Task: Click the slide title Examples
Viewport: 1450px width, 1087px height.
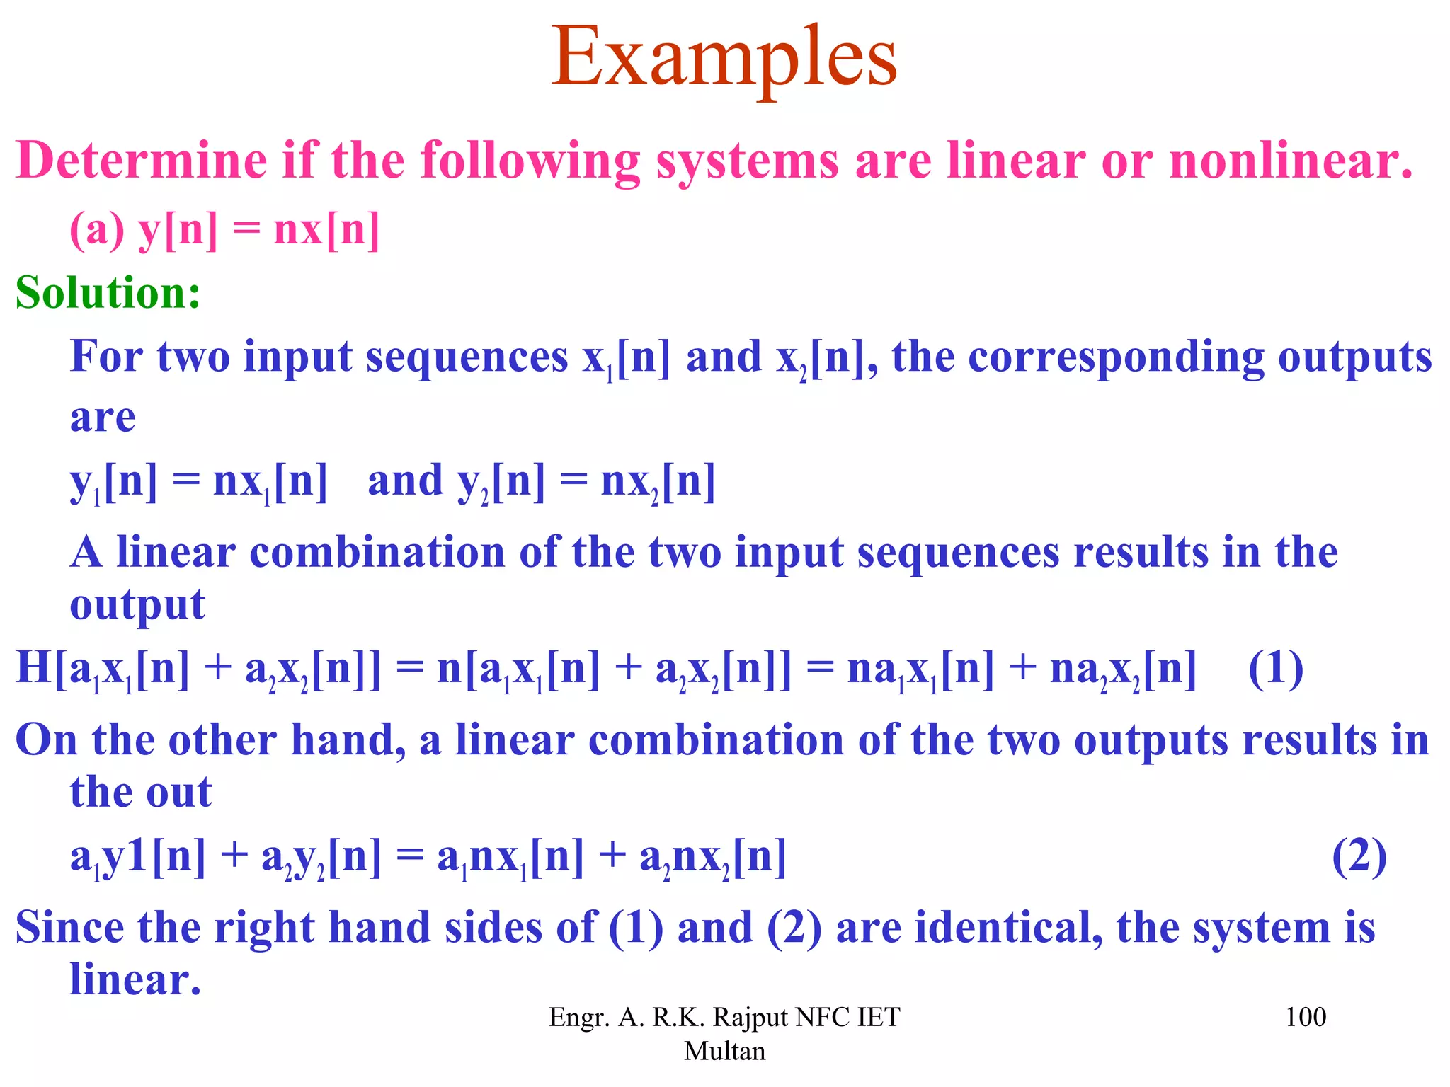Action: (724, 58)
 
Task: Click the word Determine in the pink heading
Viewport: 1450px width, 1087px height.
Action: (142, 161)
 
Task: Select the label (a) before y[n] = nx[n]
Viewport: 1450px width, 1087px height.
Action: (97, 230)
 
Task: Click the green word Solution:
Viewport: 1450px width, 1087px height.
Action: (108, 292)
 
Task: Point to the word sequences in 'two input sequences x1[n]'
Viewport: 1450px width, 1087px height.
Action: (467, 356)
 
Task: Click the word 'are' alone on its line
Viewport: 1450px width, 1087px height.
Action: (103, 418)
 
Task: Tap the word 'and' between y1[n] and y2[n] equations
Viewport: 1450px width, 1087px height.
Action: (405, 481)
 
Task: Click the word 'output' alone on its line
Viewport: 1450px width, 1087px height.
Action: (137, 606)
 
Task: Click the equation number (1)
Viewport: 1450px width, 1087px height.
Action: (1275, 668)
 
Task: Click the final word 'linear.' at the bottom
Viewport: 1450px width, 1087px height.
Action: (135, 980)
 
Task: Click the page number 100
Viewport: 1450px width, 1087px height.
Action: (1305, 1018)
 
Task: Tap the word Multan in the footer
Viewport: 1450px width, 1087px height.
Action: (724, 1052)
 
